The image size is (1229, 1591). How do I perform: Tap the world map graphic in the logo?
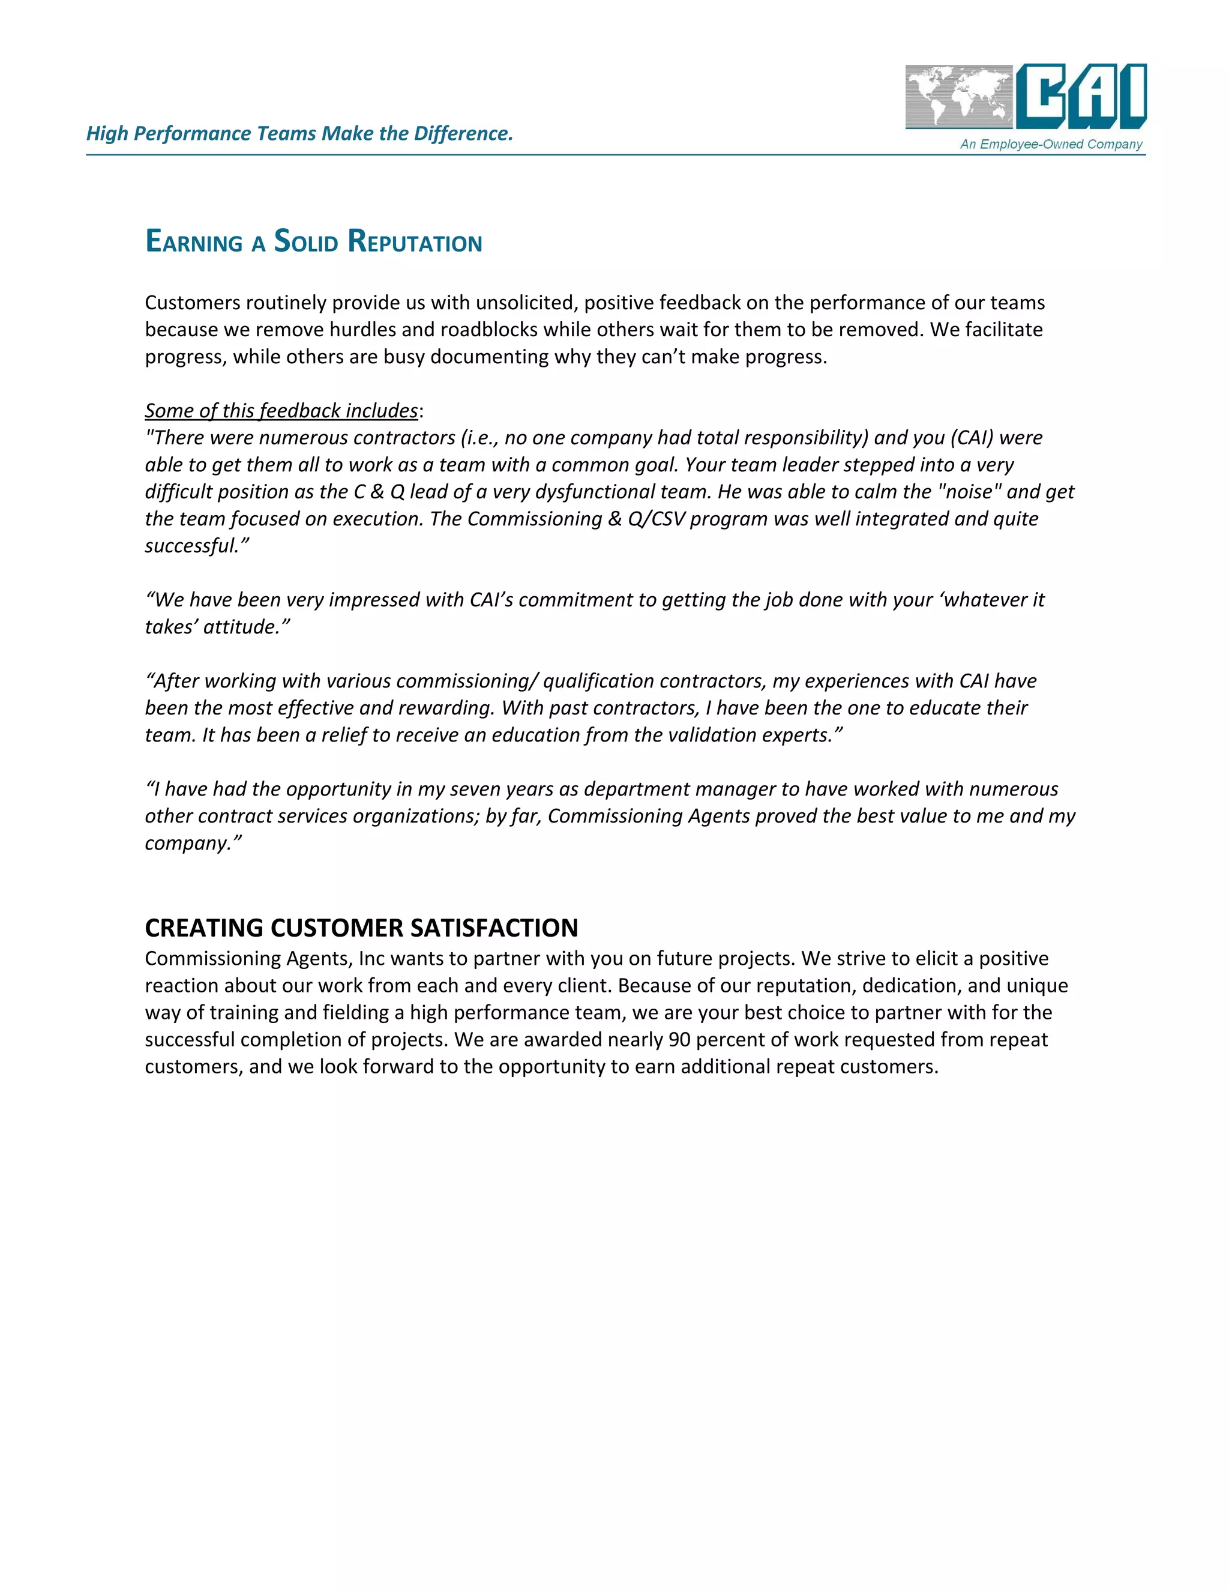(x=959, y=96)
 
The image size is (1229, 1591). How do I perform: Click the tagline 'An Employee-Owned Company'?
(x=1051, y=144)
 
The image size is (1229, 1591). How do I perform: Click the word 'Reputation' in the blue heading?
(x=415, y=242)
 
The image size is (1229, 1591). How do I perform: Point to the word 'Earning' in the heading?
(x=194, y=242)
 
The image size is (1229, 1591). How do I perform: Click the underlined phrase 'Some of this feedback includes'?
(x=281, y=411)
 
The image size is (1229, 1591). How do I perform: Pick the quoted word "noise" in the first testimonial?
(x=969, y=492)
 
